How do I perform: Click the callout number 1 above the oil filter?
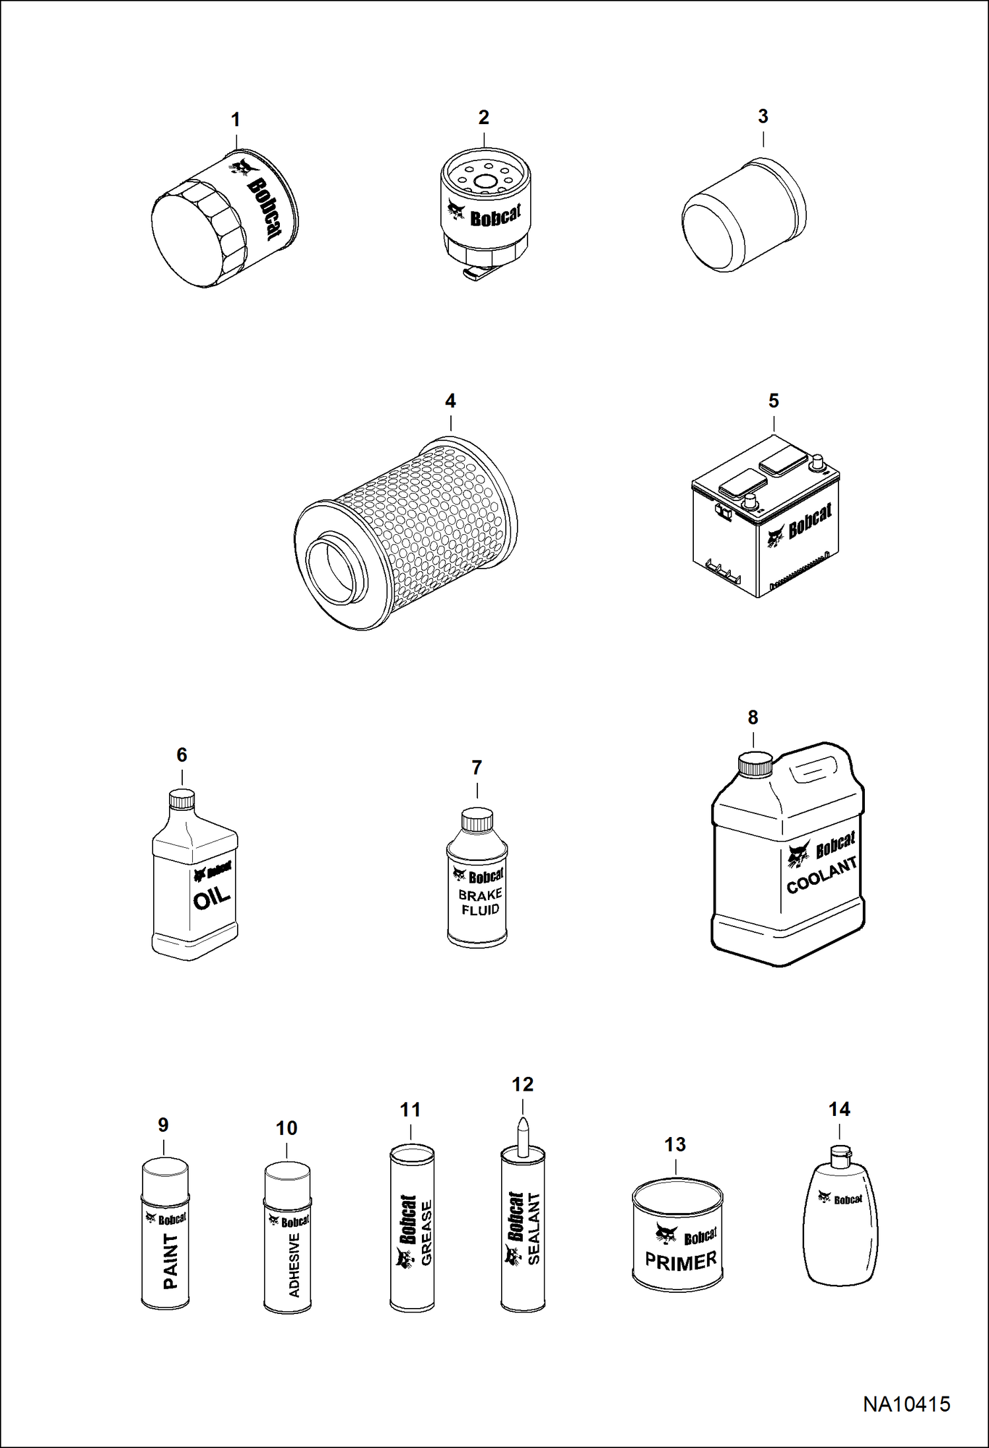[x=235, y=120]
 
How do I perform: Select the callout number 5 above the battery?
[x=774, y=401]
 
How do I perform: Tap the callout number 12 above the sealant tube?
[x=522, y=1084]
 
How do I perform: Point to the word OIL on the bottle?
[x=211, y=897]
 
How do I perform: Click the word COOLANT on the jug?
[x=822, y=875]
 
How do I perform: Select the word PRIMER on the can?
[x=681, y=1261]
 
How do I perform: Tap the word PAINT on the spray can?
[x=170, y=1262]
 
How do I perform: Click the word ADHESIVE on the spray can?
[x=294, y=1265]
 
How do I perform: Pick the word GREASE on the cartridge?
[x=426, y=1233]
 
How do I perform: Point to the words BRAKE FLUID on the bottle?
[x=480, y=902]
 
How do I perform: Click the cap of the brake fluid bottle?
[x=477, y=820]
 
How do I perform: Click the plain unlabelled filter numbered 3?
[x=743, y=215]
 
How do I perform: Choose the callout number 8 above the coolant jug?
[x=753, y=718]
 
